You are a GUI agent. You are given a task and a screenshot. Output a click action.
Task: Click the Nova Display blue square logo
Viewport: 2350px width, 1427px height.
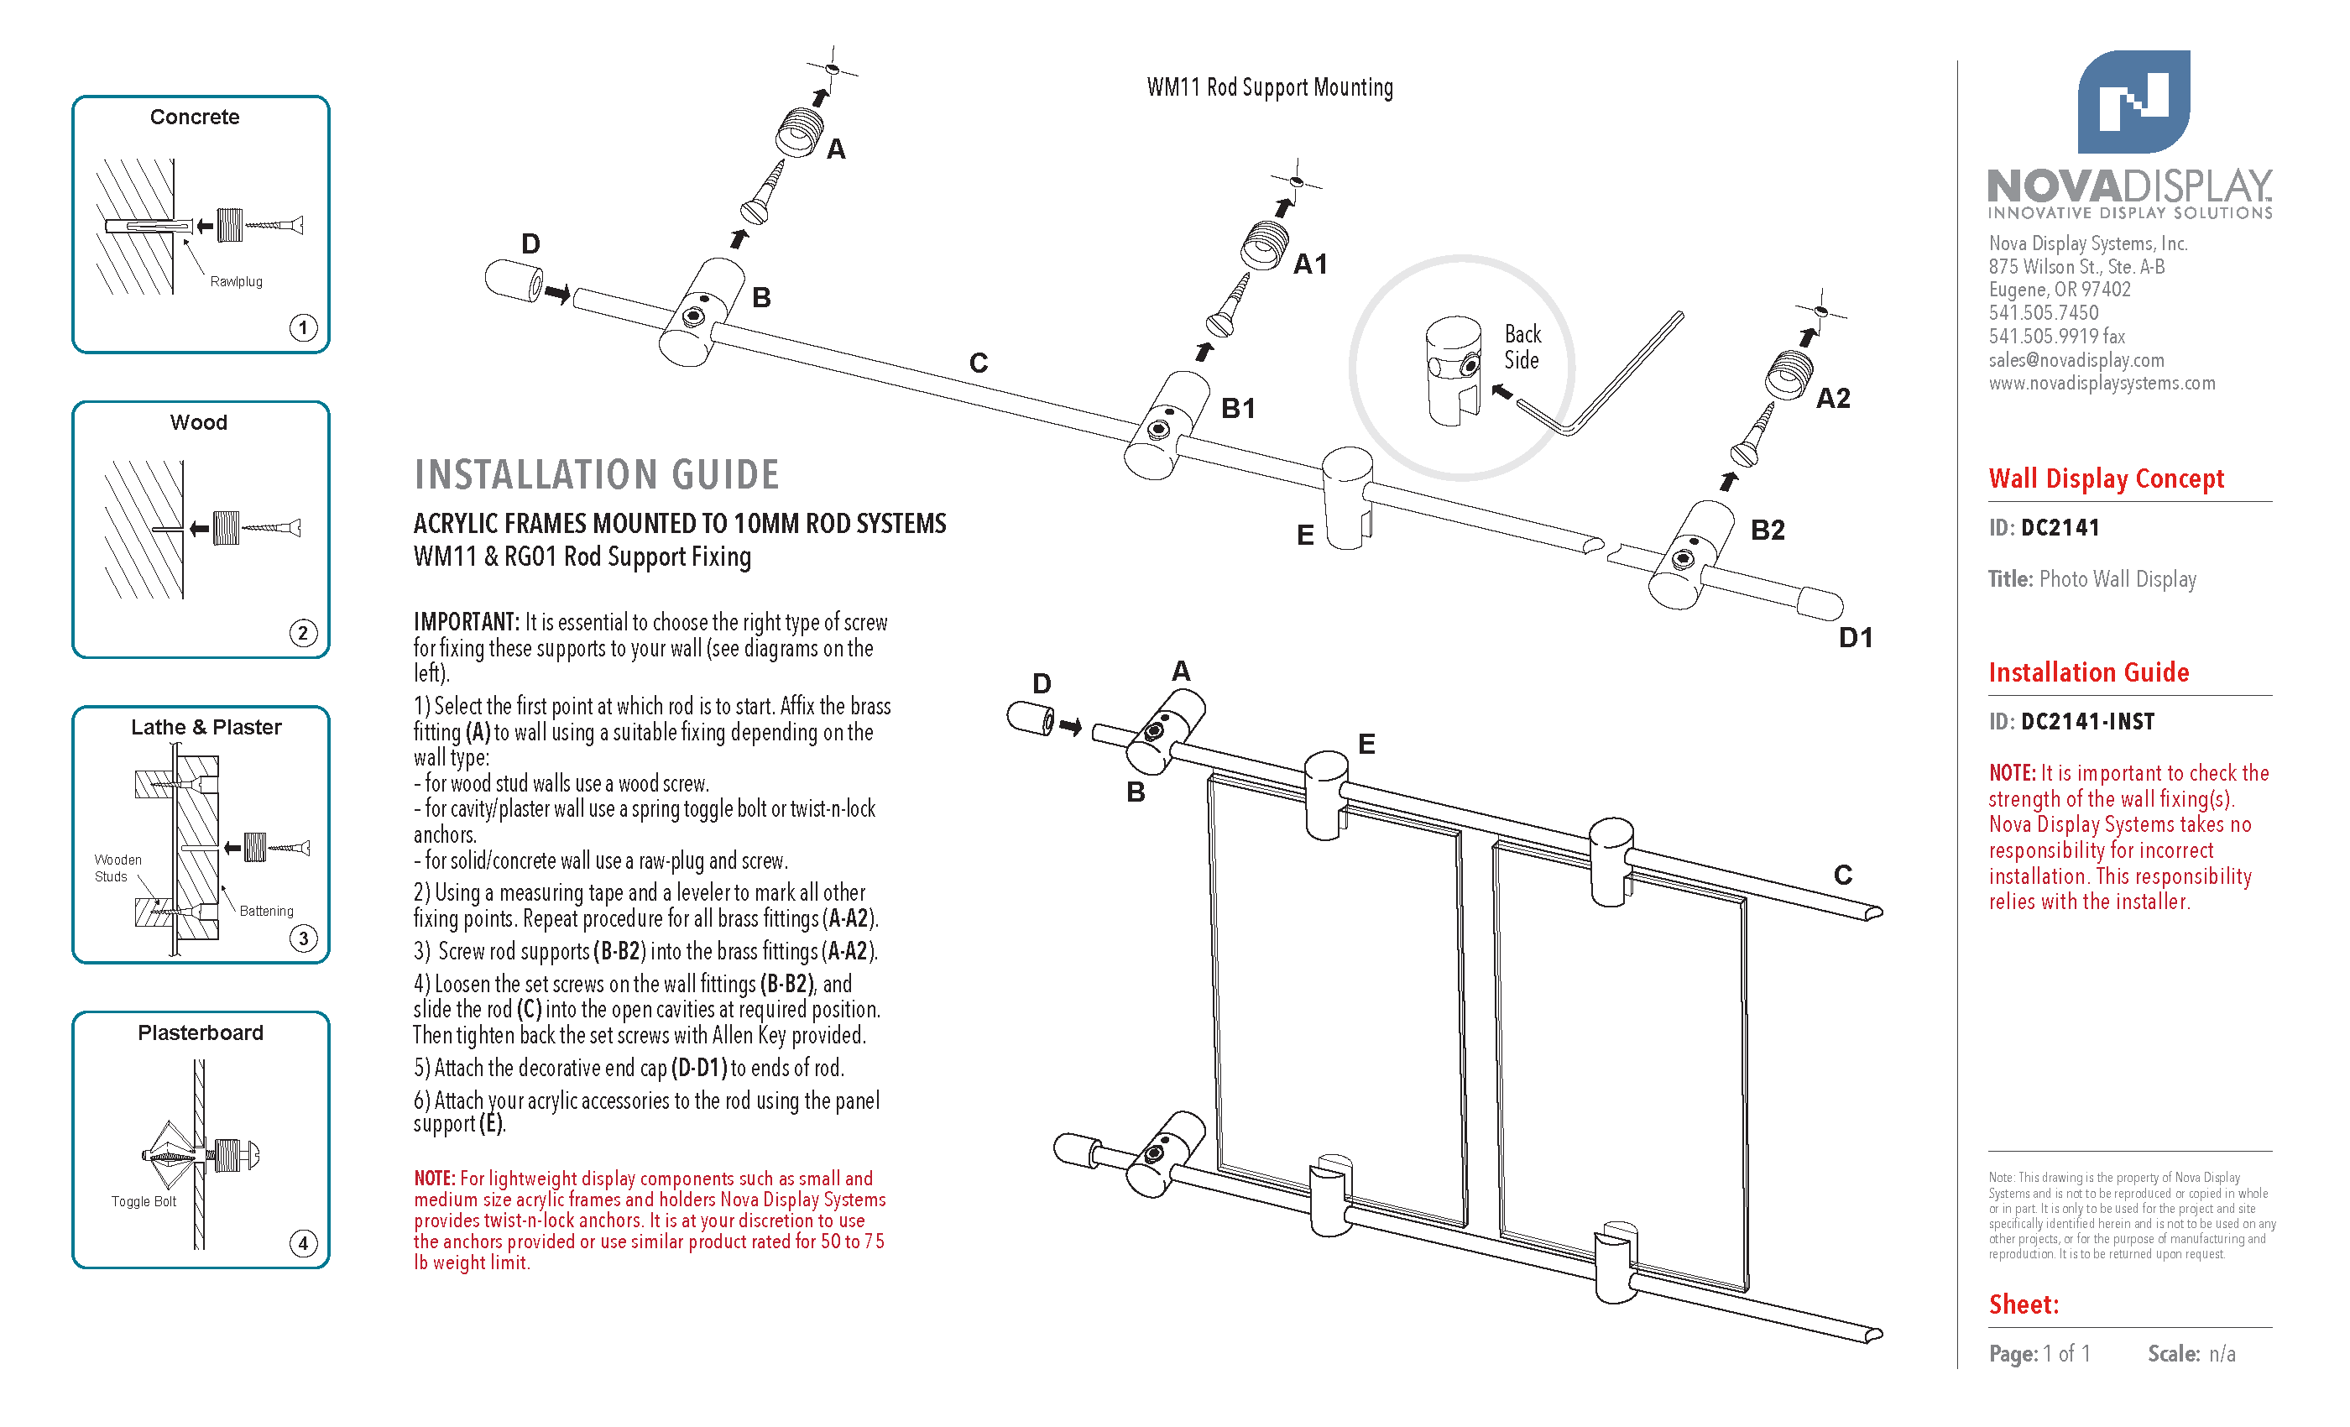(2133, 101)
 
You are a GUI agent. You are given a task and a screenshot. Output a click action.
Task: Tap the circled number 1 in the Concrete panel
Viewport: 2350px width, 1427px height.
(303, 328)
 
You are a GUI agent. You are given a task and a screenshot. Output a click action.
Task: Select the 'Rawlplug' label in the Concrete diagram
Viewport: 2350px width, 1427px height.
(237, 281)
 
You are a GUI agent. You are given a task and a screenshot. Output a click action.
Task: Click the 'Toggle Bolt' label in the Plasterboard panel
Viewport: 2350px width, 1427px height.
(144, 1202)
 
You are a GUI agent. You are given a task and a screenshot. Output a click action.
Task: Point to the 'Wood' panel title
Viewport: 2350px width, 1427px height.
(198, 422)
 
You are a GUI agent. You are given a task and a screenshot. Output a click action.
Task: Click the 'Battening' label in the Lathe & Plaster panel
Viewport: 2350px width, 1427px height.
(267, 911)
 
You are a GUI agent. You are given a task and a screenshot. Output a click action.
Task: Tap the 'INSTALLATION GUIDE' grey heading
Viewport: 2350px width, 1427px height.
(596, 475)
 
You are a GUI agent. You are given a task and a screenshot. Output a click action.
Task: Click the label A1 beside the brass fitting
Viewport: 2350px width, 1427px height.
(1310, 264)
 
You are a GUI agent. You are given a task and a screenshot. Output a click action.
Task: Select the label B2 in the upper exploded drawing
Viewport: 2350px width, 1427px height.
(1768, 531)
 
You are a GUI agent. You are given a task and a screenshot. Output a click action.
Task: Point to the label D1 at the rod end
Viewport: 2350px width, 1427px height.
(1856, 637)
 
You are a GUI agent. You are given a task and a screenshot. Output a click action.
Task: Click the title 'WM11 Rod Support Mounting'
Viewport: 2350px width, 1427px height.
(1269, 88)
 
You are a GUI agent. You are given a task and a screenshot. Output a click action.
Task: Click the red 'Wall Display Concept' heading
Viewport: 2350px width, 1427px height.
(2106, 478)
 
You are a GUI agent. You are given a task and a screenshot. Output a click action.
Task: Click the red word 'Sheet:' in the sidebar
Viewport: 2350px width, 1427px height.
(2024, 1305)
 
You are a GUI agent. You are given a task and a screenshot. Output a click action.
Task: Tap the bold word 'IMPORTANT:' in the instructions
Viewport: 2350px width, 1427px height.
(467, 622)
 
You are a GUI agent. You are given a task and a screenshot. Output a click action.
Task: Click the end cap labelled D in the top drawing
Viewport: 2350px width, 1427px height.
(514, 281)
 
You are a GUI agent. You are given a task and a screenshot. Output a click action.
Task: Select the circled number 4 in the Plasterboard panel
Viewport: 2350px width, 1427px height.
(303, 1244)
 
